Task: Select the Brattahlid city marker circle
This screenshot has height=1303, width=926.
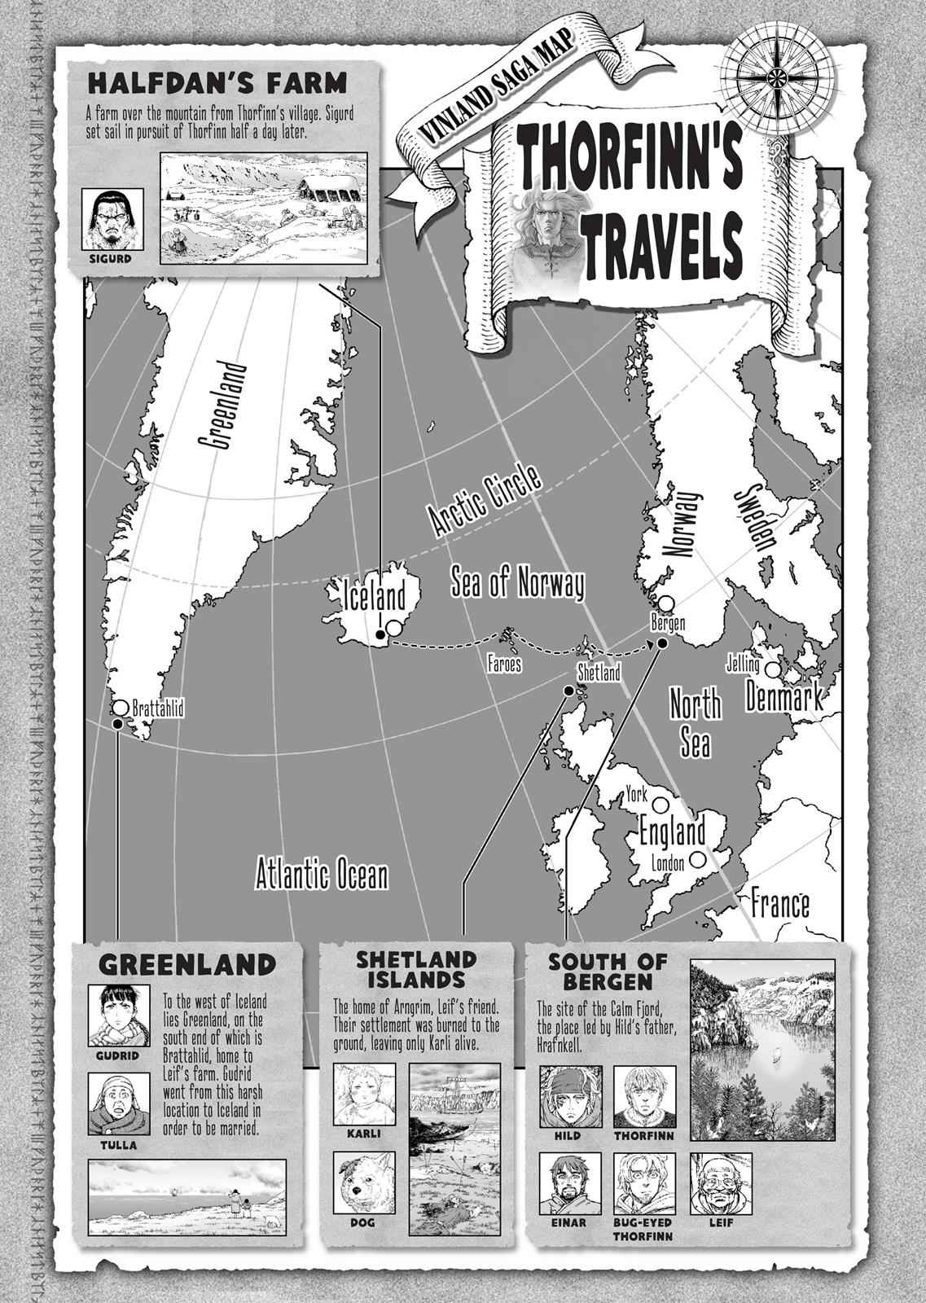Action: coord(121,707)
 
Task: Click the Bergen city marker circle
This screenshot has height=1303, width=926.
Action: coord(666,603)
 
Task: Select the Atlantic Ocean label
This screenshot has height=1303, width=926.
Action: coord(322,875)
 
